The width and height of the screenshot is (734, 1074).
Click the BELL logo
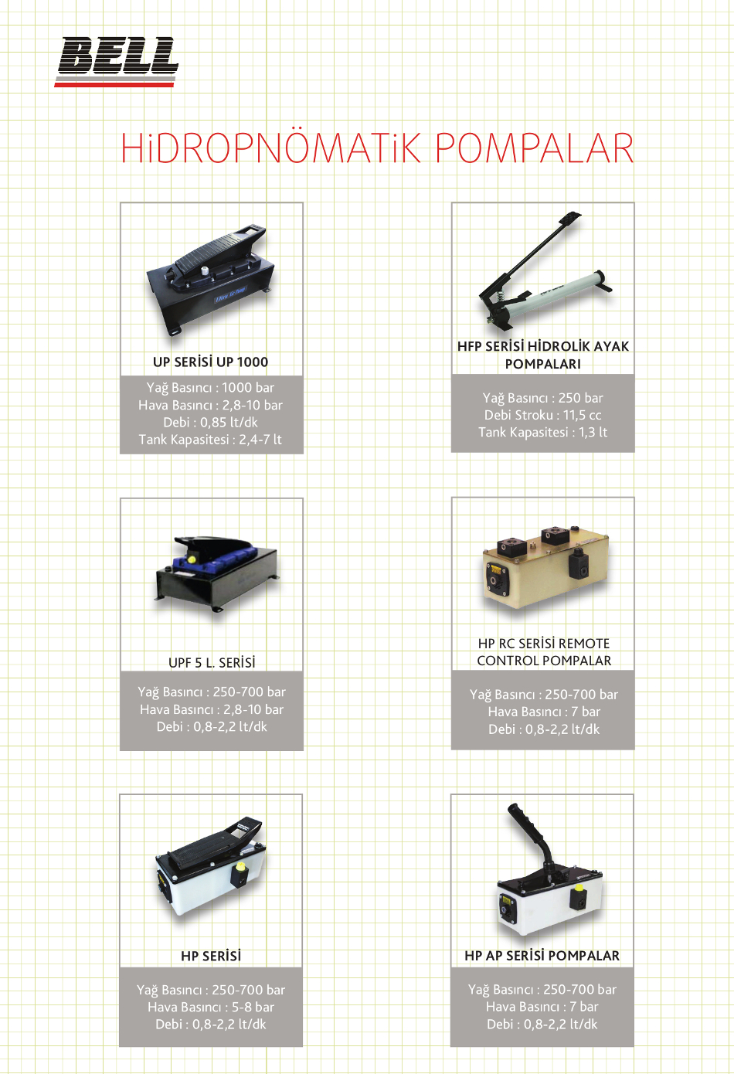[x=117, y=62]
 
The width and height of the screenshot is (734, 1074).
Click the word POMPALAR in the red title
[x=535, y=148]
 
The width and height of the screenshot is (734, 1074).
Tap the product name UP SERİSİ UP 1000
[x=210, y=362]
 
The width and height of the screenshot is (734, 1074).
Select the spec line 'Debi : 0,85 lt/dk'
[x=210, y=423]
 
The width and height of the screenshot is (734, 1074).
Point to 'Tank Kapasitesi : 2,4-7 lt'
[x=210, y=440]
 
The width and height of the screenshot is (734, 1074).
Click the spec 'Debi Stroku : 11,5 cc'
[x=542, y=415]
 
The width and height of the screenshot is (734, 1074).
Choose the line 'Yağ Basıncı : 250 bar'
[x=542, y=398]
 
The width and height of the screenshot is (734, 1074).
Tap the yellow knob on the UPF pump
[x=192, y=559]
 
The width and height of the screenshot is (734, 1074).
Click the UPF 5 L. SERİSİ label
[x=212, y=663]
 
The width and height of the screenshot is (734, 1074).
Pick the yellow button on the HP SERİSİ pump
[x=240, y=868]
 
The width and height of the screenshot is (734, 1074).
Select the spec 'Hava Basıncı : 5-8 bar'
[x=211, y=1007]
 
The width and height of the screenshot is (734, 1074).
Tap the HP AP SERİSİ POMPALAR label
[x=542, y=956]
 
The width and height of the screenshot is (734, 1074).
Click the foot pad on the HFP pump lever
[x=569, y=219]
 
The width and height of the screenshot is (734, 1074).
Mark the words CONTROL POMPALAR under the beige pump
[x=544, y=661]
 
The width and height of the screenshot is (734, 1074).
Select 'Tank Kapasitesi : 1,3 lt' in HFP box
[x=542, y=433]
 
